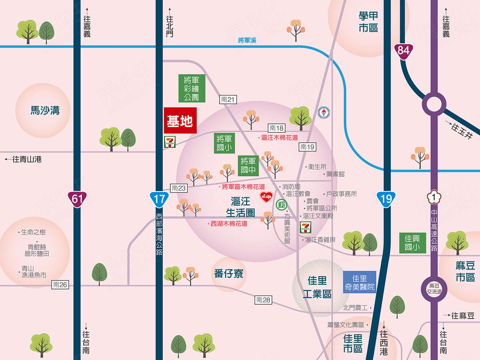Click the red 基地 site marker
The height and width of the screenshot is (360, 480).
pos(180,120)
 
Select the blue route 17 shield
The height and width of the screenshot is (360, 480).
pos(159,199)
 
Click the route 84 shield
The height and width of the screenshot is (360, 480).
pos(403,50)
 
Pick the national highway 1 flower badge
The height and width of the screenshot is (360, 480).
pos(434,197)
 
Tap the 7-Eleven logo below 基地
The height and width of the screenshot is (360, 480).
pos(170,142)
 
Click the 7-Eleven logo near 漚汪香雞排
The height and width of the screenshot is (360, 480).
pos(306,227)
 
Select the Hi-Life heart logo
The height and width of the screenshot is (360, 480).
pos(266,196)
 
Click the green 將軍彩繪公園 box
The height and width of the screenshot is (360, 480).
pos(192,88)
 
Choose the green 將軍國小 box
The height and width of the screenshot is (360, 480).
pos(224,143)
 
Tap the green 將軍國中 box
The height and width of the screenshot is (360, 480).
pos(248,166)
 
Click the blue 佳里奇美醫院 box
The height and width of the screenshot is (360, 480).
pos(359,282)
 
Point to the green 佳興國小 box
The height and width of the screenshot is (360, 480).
pos(412,243)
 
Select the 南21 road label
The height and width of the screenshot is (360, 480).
pos(228,100)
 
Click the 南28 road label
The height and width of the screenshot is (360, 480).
pos(264,300)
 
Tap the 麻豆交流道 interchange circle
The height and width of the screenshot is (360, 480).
pos(434,289)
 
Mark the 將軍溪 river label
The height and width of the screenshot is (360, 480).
pos(247,40)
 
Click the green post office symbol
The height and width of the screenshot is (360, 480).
pos(282,205)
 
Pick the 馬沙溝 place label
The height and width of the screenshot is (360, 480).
pos(45,110)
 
